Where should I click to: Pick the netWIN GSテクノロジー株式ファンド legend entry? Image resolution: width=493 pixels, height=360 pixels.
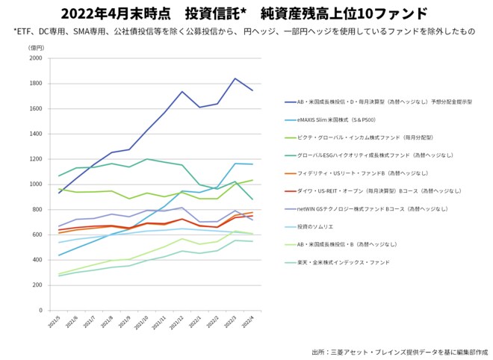(x=366, y=208)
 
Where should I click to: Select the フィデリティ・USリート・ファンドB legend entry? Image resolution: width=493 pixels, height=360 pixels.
(x=350, y=173)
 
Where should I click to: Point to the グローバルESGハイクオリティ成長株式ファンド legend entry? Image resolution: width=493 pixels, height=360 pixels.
(x=365, y=155)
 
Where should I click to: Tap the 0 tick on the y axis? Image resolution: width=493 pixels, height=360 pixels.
(x=40, y=309)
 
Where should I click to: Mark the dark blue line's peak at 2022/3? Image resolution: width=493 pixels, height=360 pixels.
(x=235, y=78)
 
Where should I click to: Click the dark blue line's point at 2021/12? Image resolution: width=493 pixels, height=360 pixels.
(x=182, y=92)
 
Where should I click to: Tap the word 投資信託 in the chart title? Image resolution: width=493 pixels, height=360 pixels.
(x=208, y=13)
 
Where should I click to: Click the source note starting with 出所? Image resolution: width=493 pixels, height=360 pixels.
(x=399, y=350)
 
